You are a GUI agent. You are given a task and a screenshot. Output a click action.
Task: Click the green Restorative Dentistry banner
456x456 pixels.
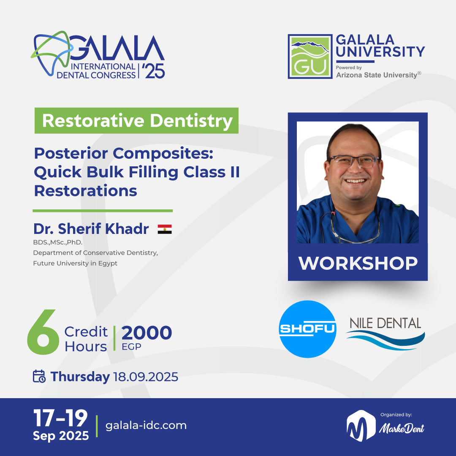(x=136, y=121)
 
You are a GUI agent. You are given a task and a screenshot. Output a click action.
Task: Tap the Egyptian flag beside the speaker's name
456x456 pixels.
(x=165, y=229)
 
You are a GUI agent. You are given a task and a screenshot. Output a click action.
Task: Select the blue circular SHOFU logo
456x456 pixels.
(x=308, y=329)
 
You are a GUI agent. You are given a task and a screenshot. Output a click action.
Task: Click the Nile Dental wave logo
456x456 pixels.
(x=385, y=334)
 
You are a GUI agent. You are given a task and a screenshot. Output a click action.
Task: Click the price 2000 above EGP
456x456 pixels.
(x=147, y=333)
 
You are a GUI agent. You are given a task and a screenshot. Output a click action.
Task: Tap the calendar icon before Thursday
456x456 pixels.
(x=39, y=376)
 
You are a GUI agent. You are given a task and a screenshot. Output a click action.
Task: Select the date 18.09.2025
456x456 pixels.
(x=146, y=377)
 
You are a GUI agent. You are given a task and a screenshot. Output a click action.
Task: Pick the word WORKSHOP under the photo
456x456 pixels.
(x=358, y=263)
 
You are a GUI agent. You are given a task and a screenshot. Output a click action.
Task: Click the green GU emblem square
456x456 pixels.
(x=309, y=56)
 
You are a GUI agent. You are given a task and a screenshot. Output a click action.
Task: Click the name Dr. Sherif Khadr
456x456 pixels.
(x=91, y=229)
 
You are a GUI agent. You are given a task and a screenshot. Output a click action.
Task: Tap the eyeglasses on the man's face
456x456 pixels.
(x=354, y=161)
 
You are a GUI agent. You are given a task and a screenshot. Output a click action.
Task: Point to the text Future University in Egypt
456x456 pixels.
(x=75, y=263)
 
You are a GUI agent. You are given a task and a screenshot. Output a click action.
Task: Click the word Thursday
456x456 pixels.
(x=80, y=377)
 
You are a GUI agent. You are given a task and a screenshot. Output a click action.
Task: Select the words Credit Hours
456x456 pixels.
(x=86, y=339)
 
